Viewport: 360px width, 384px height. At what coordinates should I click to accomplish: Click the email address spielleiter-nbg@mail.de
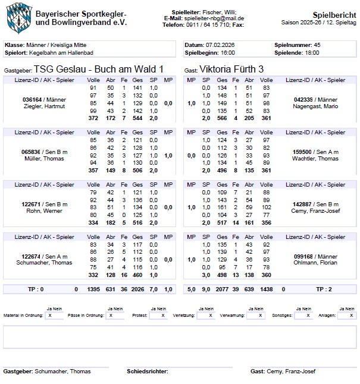[x=216, y=18]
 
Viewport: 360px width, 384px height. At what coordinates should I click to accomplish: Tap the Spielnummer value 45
[x=317, y=45]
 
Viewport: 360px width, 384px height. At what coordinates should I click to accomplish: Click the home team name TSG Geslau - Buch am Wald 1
[x=98, y=69]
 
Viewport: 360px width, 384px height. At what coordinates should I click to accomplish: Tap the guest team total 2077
[x=222, y=289]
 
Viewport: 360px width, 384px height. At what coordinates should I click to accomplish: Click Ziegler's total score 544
[x=138, y=118]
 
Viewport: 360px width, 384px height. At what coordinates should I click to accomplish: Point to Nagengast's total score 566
[x=222, y=118]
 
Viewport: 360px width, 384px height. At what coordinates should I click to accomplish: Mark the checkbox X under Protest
[x=157, y=316]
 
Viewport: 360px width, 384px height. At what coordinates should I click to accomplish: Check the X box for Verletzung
[x=206, y=316]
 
